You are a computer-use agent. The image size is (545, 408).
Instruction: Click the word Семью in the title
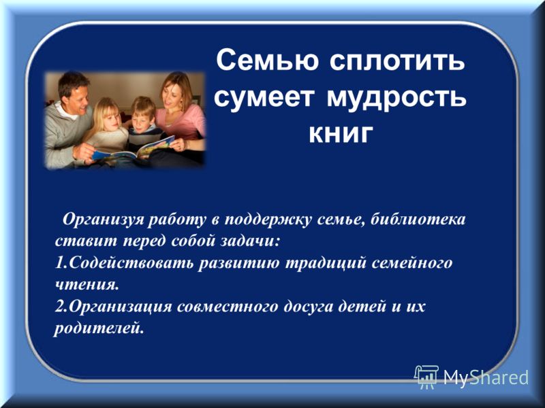tap(267, 61)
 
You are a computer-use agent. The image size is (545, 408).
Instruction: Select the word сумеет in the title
tap(264, 98)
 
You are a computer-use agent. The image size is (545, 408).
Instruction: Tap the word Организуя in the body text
tap(103, 220)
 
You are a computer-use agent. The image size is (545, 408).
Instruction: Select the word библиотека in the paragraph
tap(418, 219)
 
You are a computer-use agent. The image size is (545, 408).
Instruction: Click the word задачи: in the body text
tap(249, 241)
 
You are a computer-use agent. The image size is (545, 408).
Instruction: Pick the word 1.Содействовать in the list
tap(124, 262)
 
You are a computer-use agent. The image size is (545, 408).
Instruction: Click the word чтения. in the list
tap(87, 284)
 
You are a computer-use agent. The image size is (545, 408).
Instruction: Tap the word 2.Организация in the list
tap(113, 307)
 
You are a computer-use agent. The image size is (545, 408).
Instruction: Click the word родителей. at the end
tap(99, 328)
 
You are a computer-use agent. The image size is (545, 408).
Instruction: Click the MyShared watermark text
tap(486, 377)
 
